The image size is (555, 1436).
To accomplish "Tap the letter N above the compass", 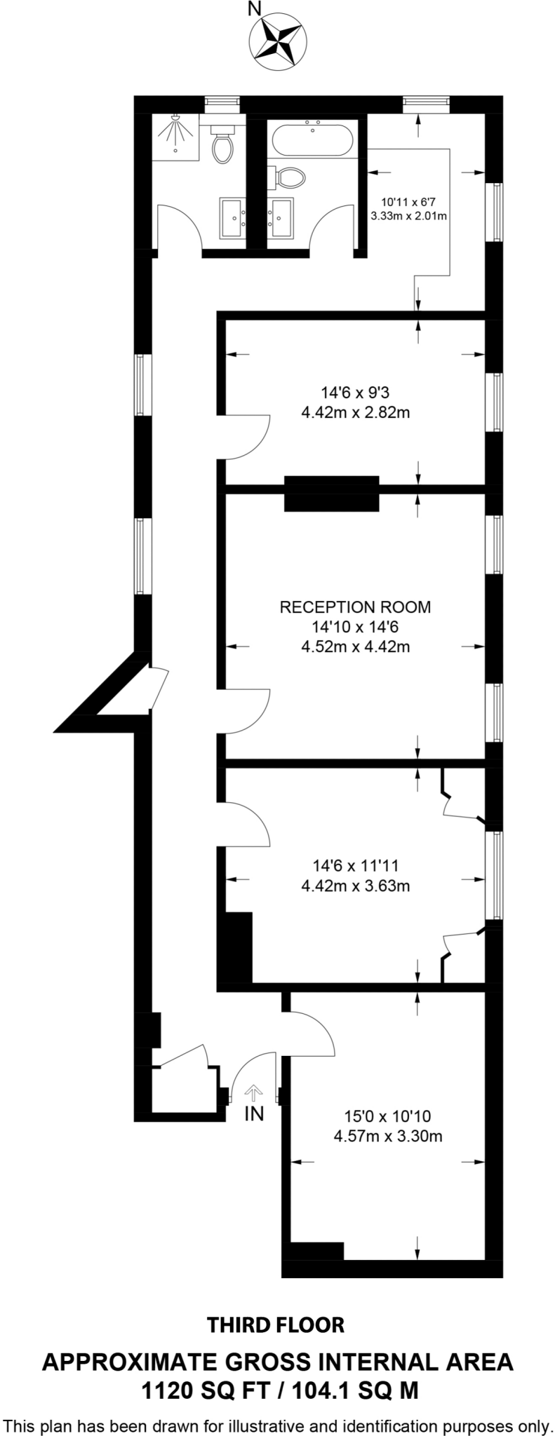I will tap(255, 9).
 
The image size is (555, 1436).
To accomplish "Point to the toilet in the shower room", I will tap(223, 145).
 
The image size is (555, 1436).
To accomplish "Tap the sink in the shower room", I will tap(232, 219).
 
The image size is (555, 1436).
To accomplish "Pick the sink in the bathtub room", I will tap(283, 219).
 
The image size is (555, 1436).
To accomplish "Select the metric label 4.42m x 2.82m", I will tap(355, 413).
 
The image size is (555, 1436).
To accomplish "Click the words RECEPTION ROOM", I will tap(355, 607).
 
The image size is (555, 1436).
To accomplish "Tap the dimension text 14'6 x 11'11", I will tap(355, 866).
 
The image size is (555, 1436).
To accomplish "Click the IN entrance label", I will tap(254, 1113).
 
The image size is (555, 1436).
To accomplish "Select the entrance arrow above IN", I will tap(254, 1092).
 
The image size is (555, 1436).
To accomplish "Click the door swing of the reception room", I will tap(247, 712).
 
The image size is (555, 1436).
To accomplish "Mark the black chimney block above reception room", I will tap(331, 494).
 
